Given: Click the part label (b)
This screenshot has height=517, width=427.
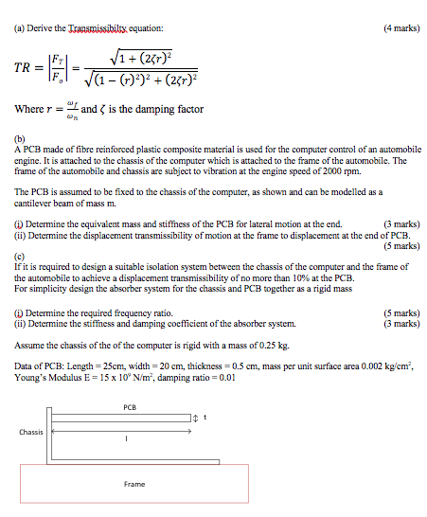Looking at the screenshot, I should [x=21, y=138].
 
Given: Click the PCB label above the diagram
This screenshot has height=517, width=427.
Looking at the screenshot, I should [x=130, y=406].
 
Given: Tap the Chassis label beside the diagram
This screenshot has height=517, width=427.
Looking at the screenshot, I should [x=32, y=432].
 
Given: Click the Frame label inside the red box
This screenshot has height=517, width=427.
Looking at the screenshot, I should [x=134, y=484].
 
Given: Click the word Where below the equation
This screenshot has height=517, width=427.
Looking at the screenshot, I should [x=30, y=110].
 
